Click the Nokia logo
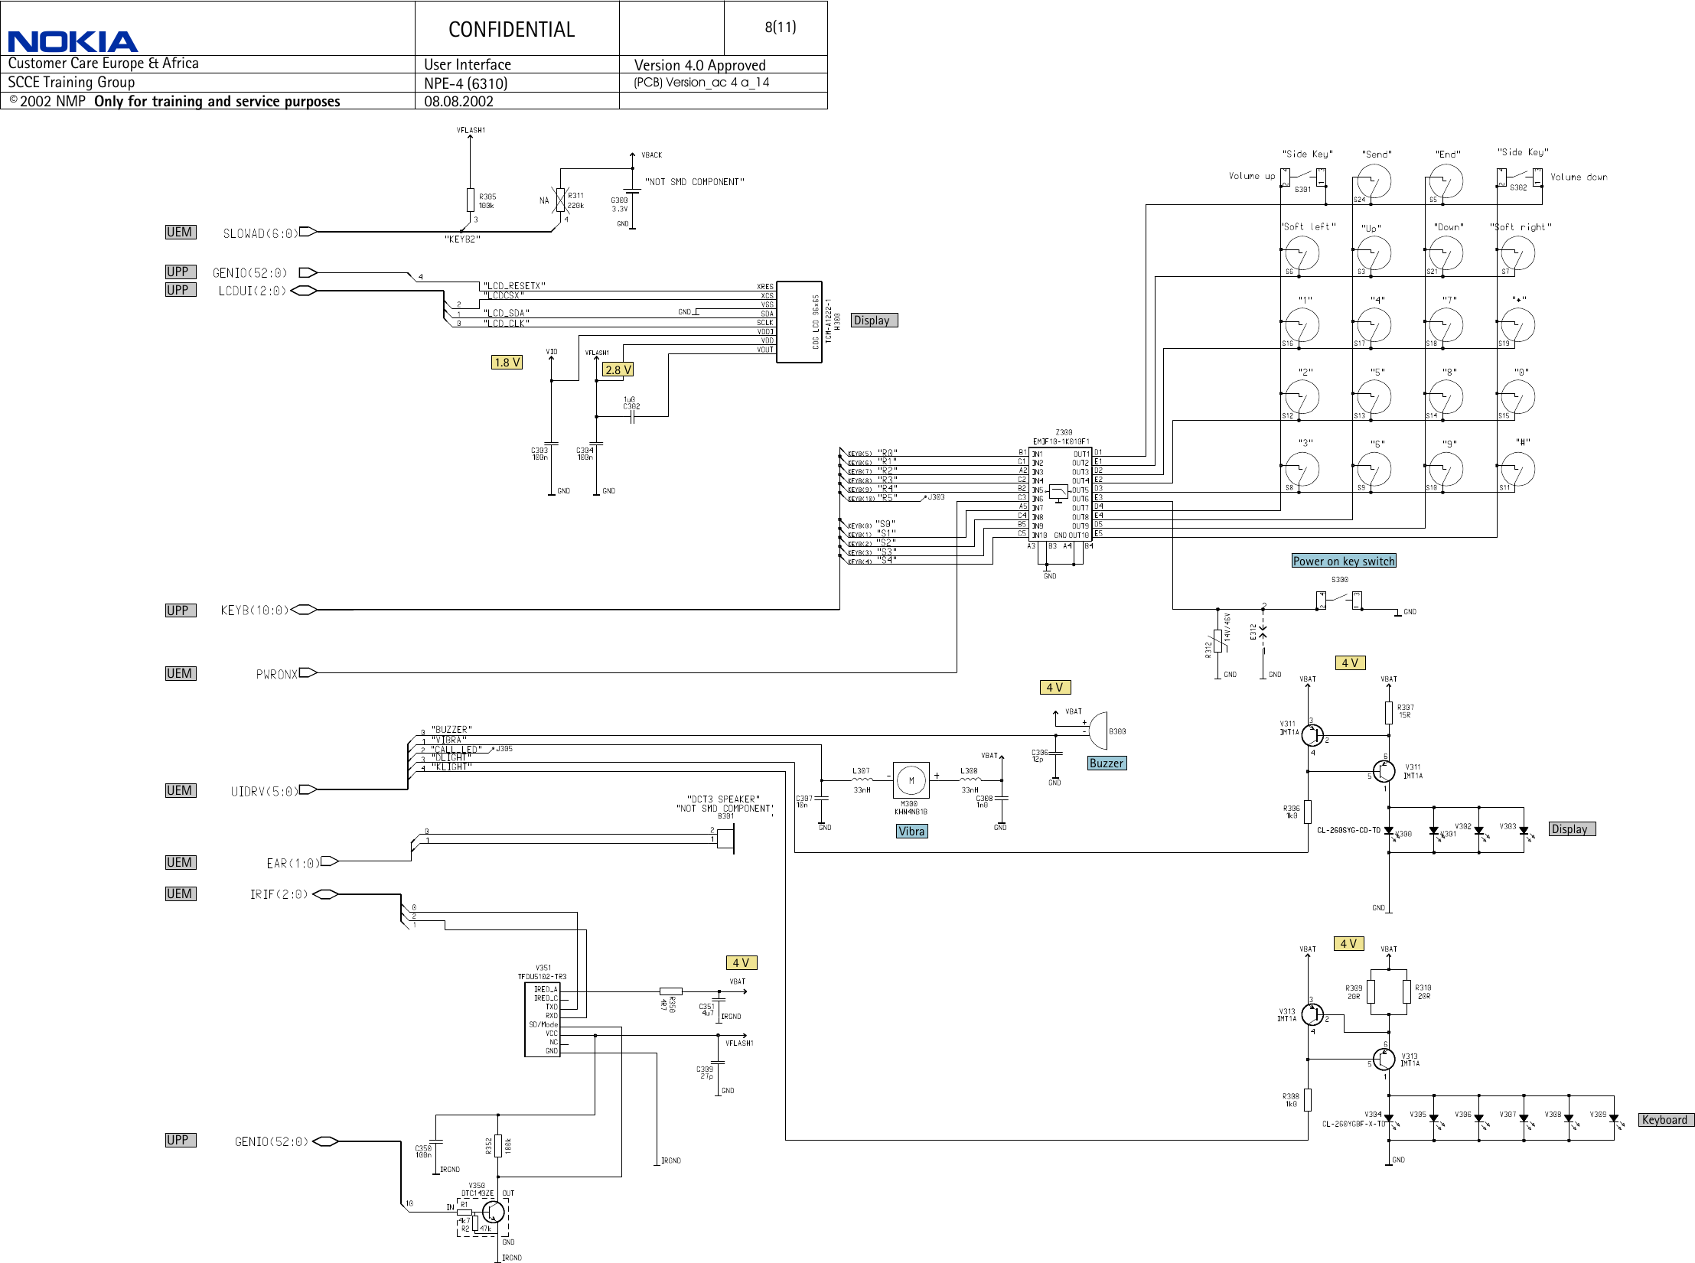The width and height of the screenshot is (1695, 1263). coord(73,41)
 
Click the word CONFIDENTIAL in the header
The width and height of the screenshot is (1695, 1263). coord(511,30)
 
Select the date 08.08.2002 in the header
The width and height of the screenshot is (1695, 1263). coord(458,101)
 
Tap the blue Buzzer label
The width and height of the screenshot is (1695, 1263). coord(1106,763)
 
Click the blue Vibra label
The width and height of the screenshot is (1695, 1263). coord(911,832)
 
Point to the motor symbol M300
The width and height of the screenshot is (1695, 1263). coord(911,781)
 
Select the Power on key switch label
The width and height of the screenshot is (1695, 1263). coord(1344,561)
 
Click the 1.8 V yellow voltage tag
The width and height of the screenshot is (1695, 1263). coord(507,363)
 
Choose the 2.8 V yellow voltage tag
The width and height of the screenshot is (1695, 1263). coord(618,369)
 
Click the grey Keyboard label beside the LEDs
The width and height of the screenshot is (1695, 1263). coord(1664,1120)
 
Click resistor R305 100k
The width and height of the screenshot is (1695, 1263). coord(470,200)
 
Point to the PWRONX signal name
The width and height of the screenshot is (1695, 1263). coord(276,674)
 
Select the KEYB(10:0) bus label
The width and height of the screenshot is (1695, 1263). coord(254,610)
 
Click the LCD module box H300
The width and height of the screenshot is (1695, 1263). coord(799,321)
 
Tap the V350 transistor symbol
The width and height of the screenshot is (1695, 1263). coord(493,1213)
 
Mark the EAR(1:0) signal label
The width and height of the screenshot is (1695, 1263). coord(292,864)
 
